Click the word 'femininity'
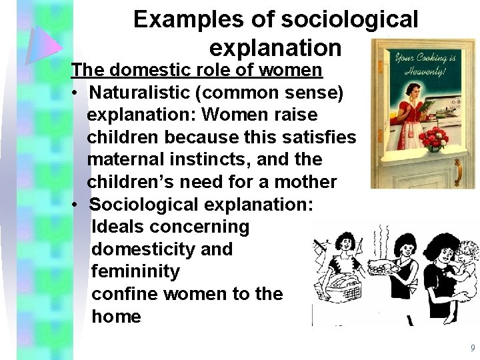click(x=135, y=271)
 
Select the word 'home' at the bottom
click(x=116, y=316)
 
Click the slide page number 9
click(x=472, y=348)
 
